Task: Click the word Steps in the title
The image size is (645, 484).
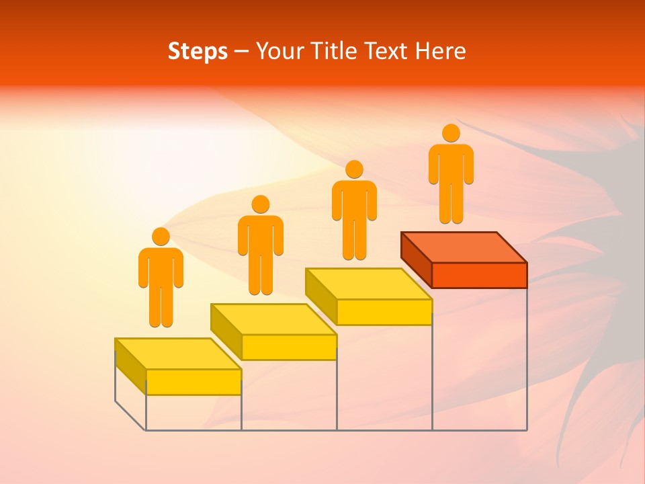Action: pos(198,52)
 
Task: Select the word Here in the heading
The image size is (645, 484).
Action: pos(440,52)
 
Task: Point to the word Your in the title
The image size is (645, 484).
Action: pos(276,52)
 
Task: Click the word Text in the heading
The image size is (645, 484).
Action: pos(386,52)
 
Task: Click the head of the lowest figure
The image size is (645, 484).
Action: pos(161,237)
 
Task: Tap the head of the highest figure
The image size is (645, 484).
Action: pos(451,133)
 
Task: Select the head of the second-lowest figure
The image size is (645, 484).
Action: pos(260,204)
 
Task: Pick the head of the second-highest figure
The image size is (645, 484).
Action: pos(354,169)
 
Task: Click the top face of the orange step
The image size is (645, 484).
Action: pos(464,247)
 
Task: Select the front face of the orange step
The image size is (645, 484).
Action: pos(479,275)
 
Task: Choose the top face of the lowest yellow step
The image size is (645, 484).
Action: pos(178,354)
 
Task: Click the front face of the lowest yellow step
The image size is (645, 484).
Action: pos(193,382)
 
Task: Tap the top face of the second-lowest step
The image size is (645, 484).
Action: pos(273,319)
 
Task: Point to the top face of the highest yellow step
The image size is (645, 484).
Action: pos(369,283)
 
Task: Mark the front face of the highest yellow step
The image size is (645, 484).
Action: pos(384,312)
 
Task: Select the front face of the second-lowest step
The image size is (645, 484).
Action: pos(289,347)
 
